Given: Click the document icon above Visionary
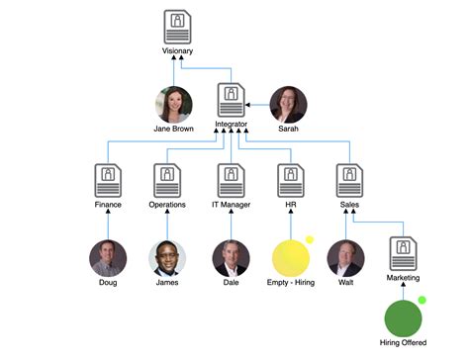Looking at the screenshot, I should pos(177,26).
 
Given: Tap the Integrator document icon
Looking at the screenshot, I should pos(231,102).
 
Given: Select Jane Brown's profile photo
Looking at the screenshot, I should pos(172,104).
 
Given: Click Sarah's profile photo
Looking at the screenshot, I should pos(288,104).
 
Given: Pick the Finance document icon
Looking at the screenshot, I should pos(108,179).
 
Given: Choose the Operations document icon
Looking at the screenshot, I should pos(167,179).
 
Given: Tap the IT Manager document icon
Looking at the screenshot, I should pos(231,179).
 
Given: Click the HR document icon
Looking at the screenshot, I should pos(291,179).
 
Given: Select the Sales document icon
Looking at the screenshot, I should pos(349,179).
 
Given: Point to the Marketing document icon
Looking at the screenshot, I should pos(403,253).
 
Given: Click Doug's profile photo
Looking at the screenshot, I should pos(108,258).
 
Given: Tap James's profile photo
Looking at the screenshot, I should pos(167,258).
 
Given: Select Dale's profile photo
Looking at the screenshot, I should pos(231,258).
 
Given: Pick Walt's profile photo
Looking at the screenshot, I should pos(345,258).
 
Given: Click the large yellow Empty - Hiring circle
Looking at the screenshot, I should pos(291,258).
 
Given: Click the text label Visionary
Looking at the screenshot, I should pos(177,50).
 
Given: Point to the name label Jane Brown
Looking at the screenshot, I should pos(172,129).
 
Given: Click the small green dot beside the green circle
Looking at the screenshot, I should pos(422,300).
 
